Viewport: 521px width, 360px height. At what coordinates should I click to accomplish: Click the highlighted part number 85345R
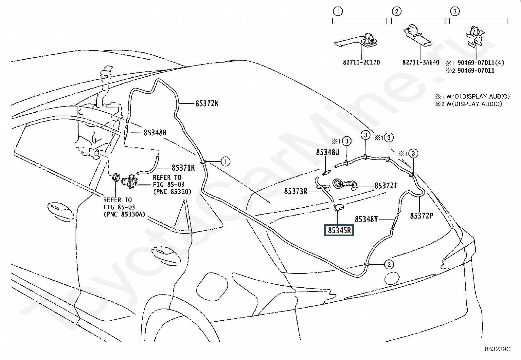coord(339,230)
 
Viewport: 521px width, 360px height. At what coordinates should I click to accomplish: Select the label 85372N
coord(207,104)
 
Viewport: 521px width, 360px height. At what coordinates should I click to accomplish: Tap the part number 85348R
coord(155,133)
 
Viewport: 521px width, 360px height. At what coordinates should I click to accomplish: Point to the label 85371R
coord(183,168)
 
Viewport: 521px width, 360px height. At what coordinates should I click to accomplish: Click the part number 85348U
coord(328,152)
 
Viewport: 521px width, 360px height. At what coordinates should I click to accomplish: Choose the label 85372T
coord(386,186)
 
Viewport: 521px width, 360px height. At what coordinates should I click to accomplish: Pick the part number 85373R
coord(296,191)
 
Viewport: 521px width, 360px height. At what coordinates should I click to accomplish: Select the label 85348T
coord(366,219)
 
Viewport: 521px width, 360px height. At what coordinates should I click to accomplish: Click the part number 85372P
coord(422,216)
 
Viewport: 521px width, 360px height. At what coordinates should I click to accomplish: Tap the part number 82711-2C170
coord(361,63)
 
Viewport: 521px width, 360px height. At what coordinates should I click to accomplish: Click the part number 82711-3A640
coord(421,63)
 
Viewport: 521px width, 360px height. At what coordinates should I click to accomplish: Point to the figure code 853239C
coord(498,349)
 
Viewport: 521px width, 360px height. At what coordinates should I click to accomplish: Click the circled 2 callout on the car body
coord(389,264)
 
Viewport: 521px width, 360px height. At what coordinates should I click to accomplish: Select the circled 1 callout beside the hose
coord(225,161)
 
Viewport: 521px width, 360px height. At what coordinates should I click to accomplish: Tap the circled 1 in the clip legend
coord(338,11)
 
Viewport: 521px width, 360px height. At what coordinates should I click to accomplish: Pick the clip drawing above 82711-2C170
coord(356,42)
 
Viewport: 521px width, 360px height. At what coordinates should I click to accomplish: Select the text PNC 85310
coord(172,192)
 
